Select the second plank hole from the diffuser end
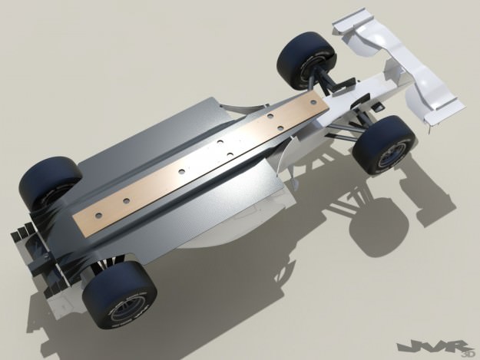tap(183, 171)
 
